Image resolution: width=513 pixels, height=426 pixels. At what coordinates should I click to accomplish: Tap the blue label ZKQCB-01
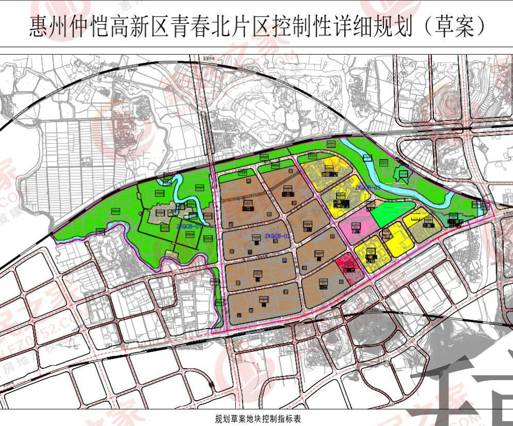(189, 226)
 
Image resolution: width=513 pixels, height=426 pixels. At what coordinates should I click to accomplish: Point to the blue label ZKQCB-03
(367, 188)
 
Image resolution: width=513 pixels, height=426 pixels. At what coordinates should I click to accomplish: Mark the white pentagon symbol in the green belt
(403, 175)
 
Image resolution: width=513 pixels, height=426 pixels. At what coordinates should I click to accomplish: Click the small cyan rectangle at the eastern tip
(482, 208)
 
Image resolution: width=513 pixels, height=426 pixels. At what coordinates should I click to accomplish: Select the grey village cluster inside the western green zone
(163, 216)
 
